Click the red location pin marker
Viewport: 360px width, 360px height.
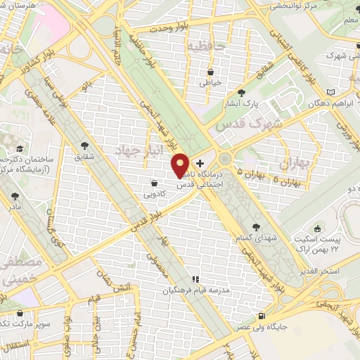pos(181,165)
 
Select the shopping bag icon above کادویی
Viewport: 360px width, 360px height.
pos(154,184)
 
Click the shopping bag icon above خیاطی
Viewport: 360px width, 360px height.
pos(211,71)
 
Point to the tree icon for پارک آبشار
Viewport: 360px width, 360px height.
pos(242,92)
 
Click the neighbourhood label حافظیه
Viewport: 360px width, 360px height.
pos(204,47)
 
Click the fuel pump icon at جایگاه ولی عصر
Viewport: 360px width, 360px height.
pos(262,316)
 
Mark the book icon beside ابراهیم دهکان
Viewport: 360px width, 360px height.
pos(331,91)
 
